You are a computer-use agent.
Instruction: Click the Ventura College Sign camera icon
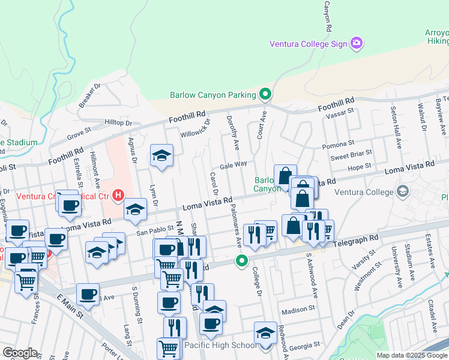[x=357, y=43]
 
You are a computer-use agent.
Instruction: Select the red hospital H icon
[x=118, y=196]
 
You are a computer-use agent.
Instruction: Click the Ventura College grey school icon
[x=402, y=192]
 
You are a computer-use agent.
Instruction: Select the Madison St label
[x=298, y=310]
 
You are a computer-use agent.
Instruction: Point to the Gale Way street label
[x=234, y=164]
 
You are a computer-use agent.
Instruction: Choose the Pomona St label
[x=339, y=145]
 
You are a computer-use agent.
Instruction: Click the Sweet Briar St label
[x=351, y=157]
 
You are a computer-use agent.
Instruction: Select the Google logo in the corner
[x=20, y=353]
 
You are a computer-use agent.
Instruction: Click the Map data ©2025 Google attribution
[x=412, y=355]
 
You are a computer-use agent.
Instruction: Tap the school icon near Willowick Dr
[x=161, y=156]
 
